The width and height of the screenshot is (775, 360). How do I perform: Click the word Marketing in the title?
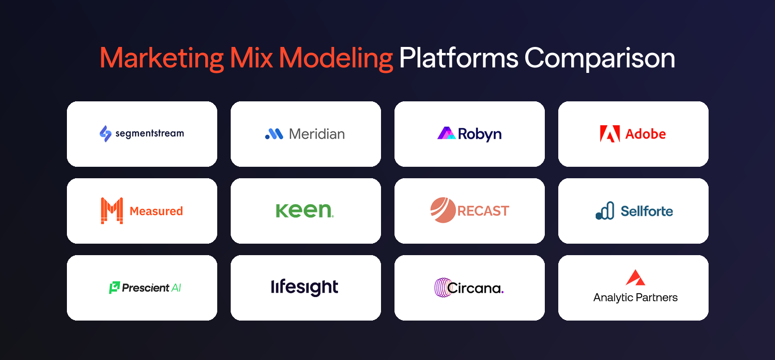coord(162,59)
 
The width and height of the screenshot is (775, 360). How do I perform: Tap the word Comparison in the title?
coord(599,59)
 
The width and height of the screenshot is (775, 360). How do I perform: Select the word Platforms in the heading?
coord(458,59)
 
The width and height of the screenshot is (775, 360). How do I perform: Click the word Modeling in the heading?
coord(336,59)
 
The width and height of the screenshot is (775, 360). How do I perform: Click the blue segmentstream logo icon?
coord(105,134)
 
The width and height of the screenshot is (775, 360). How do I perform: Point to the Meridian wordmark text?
coord(317,134)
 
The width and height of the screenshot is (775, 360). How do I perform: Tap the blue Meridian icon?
coord(274,134)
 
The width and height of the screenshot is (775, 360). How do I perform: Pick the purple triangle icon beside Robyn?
coord(446,133)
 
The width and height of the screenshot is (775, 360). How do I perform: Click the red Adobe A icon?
coord(610,134)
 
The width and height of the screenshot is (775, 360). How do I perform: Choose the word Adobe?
coord(646,134)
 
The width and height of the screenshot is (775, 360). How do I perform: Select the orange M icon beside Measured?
coord(112,211)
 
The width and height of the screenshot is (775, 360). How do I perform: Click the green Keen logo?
coord(305,211)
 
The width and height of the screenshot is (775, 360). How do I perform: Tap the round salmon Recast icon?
coord(443,210)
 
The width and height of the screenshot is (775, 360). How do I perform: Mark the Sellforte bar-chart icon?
coord(605,211)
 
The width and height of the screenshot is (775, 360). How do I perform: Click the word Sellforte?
coord(647,211)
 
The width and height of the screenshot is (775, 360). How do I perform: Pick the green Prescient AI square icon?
coord(114,288)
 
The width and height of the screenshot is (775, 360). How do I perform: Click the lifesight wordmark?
coord(305,287)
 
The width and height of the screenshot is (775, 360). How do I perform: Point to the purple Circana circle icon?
coord(442,288)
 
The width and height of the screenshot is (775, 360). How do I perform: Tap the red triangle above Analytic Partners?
coord(635,278)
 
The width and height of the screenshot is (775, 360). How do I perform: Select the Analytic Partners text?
coord(635,298)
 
